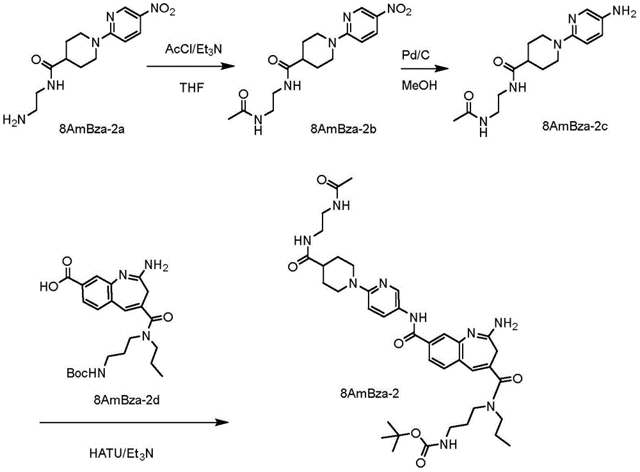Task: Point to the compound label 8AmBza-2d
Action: tap(127, 400)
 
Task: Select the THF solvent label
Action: tap(192, 88)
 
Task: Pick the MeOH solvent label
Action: tap(419, 85)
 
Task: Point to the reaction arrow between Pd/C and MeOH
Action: tap(424, 68)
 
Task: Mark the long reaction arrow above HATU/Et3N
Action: tap(134, 423)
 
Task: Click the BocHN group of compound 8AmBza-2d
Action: tap(86, 373)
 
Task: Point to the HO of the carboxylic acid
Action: tap(48, 287)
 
